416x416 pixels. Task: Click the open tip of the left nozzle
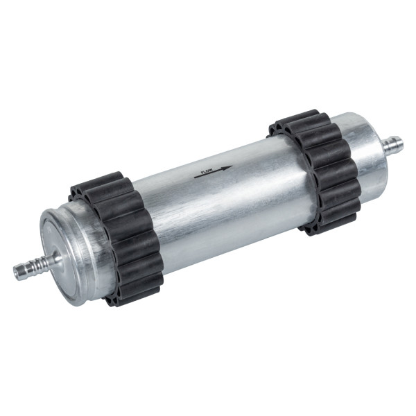click(x=17, y=271)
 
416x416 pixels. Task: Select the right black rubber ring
click(x=315, y=170)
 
